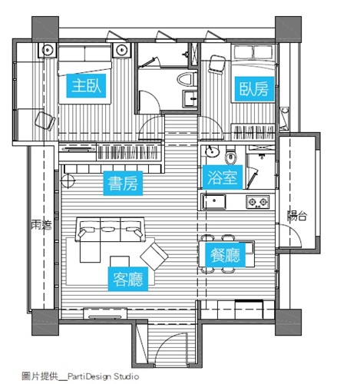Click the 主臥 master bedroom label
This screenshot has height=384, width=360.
pyautogui.click(x=85, y=86)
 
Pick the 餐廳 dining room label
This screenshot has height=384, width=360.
pyautogui.click(x=223, y=256)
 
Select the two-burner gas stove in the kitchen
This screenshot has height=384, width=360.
pyautogui.click(x=256, y=202)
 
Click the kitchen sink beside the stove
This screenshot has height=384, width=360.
pyautogui.click(x=214, y=202)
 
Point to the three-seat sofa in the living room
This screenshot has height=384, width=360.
pyautogui.click(x=111, y=227)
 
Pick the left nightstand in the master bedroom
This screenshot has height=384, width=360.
pyautogui.click(x=48, y=51)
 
